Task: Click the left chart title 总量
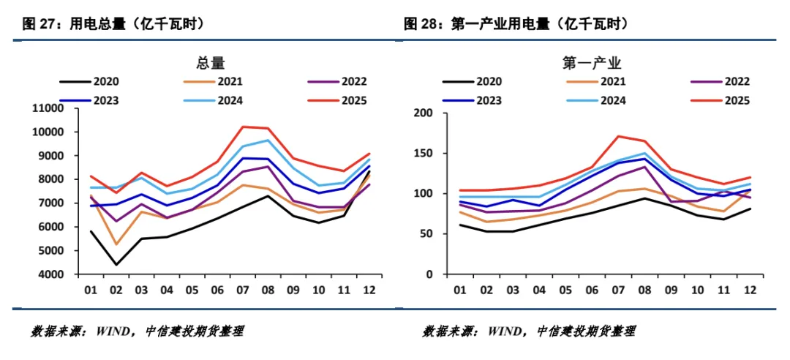point(211,63)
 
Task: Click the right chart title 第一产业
point(592,63)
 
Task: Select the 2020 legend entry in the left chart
point(92,82)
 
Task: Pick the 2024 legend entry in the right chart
point(592,101)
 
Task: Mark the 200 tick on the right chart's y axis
point(424,113)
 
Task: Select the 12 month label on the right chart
point(749,290)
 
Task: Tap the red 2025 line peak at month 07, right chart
point(619,136)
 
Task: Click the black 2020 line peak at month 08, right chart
point(644,198)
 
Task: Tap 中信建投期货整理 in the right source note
point(585,331)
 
